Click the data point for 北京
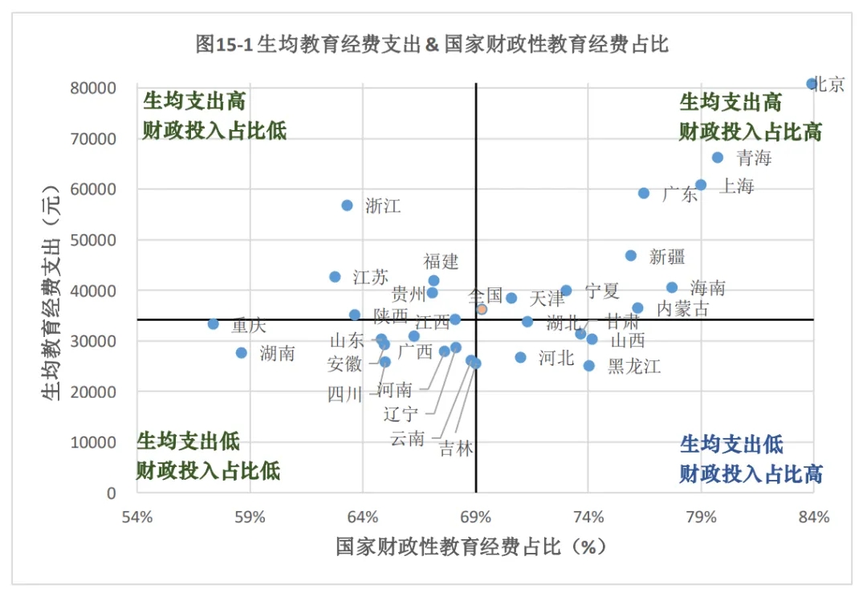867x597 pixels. tap(812, 83)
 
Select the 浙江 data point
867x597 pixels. tap(347, 205)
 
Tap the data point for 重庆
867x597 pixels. tap(214, 323)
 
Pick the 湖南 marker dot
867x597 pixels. tap(242, 352)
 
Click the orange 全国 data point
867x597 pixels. tap(482, 309)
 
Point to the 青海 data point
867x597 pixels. tap(718, 157)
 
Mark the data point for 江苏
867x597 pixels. tap(336, 277)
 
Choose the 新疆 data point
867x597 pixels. tap(631, 255)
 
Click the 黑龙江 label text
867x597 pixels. tap(634, 367)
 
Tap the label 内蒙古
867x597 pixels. tap(682, 308)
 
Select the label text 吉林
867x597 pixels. tap(456, 449)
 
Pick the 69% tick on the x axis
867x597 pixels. tap(476, 517)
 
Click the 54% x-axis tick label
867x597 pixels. tap(136, 517)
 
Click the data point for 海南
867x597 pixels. tap(672, 287)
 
